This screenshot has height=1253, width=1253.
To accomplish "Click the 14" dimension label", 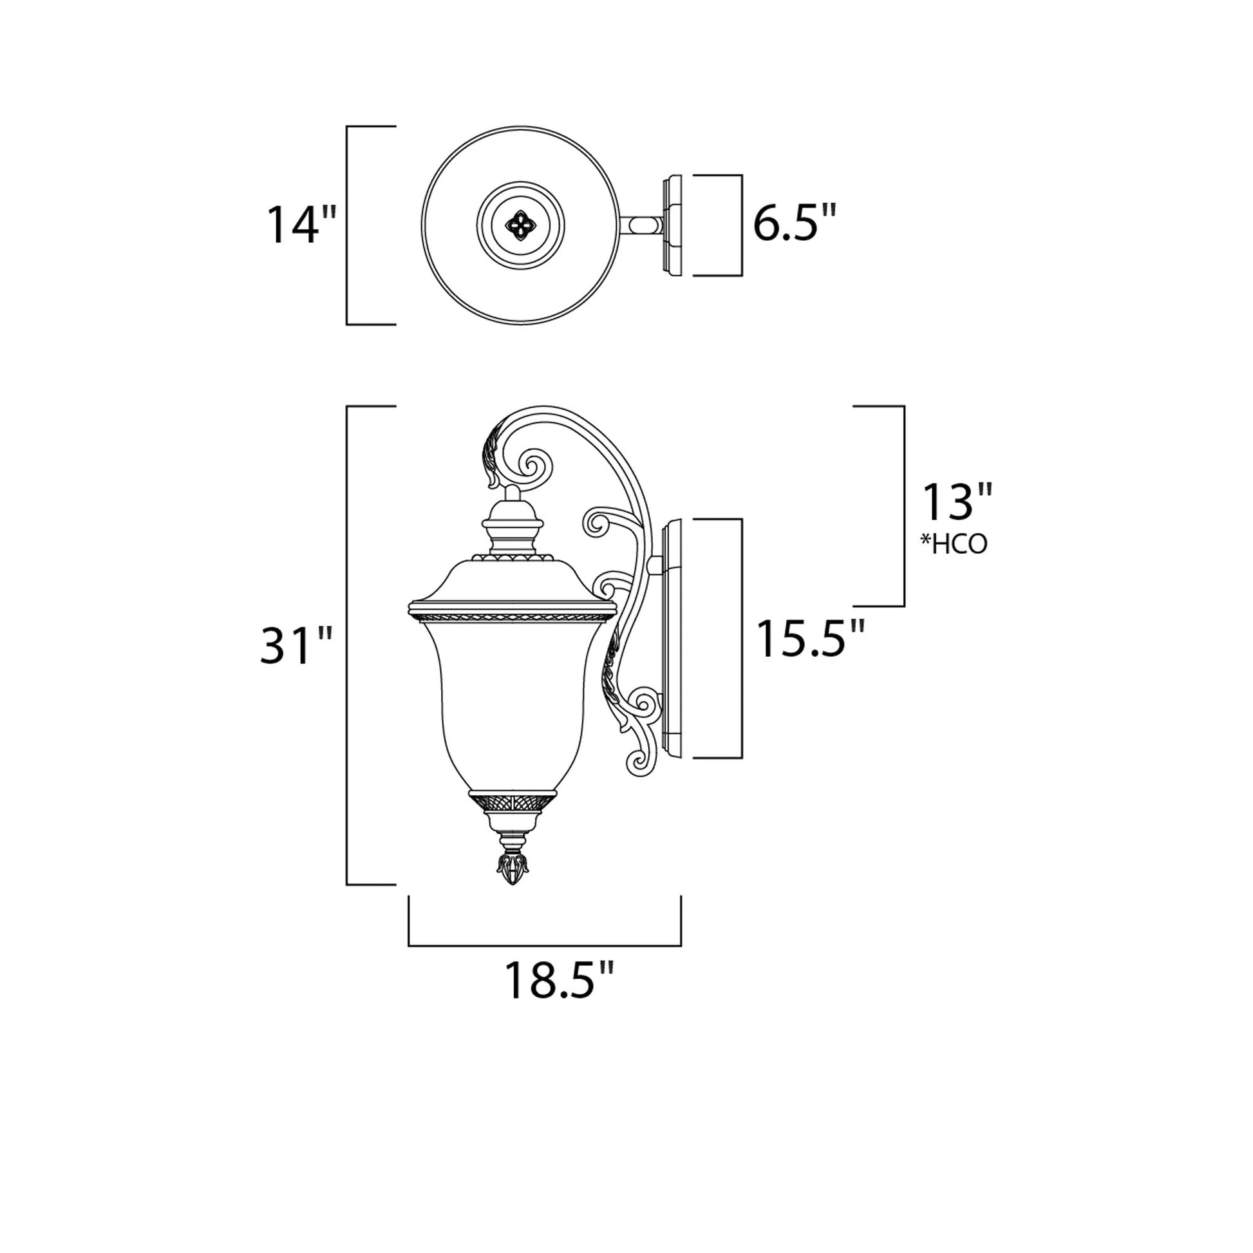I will click(302, 225).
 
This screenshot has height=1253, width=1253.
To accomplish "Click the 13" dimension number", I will click(957, 502).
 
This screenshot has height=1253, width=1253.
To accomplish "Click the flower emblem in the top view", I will click(520, 225).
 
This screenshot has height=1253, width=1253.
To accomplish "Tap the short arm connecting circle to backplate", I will click(642, 225).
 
